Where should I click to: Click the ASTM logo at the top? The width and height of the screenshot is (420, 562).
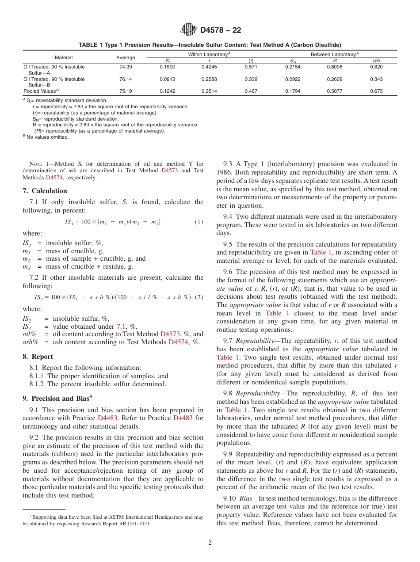click(189, 30)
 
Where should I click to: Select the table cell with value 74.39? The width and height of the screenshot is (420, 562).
click(126, 67)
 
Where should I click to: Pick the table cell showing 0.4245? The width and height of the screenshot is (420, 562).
click(209, 67)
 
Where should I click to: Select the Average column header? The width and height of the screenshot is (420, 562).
click(126, 57)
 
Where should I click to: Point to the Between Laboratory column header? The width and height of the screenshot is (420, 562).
click(335, 54)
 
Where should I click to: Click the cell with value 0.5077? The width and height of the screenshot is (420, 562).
click(334, 91)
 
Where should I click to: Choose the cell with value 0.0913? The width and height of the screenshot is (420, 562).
click(167, 79)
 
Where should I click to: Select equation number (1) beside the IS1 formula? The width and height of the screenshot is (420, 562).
click(199, 222)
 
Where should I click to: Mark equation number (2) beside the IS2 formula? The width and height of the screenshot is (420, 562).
click(199, 297)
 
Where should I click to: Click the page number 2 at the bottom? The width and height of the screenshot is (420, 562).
click(210, 543)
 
